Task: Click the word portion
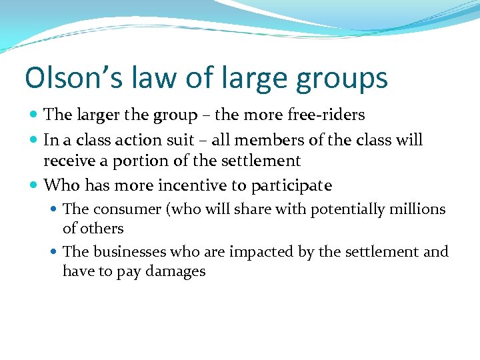tap(145, 161)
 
